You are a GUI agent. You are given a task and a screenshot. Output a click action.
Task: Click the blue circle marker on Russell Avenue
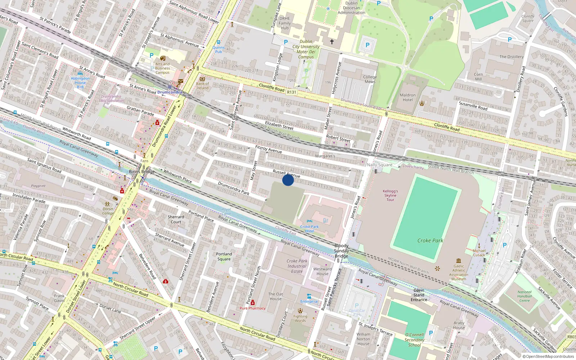pyautogui.click(x=288, y=180)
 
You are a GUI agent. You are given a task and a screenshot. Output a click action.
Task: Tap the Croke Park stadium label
pyautogui.click(x=430, y=240)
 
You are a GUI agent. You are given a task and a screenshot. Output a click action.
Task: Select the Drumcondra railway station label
pyautogui.click(x=170, y=92)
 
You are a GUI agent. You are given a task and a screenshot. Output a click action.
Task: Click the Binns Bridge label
pyautogui.click(x=142, y=172)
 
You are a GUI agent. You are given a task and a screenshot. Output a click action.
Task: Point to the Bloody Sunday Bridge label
pyautogui.click(x=341, y=251)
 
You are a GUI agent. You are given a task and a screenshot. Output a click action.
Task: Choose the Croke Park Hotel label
pyautogui.click(x=310, y=229)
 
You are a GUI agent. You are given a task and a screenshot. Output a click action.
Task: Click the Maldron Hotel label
pyautogui.click(x=408, y=98)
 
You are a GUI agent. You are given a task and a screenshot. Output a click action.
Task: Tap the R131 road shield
pyautogui.click(x=292, y=92)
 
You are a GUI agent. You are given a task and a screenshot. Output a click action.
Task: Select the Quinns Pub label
pyautogui.click(x=219, y=49)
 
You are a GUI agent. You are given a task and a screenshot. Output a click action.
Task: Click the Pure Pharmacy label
pyautogui.click(x=253, y=308)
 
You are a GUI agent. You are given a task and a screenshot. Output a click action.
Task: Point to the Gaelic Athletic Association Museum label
pyautogui.click(x=459, y=273)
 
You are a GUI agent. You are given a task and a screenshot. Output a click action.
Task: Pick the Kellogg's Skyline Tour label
pyautogui.click(x=390, y=195)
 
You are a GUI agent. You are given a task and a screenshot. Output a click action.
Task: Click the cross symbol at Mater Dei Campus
pyautogui.click(x=332, y=42)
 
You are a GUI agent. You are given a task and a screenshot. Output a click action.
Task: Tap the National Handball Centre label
pyautogui.click(x=525, y=296)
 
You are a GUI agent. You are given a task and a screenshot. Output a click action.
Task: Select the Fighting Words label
pyautogui.click(x=300, y=319)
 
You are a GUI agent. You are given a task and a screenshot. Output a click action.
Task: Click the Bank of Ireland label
pyautogui.click(x=202, y=86)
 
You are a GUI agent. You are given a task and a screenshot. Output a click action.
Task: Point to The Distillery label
pyautogui.click(x=511, y=57)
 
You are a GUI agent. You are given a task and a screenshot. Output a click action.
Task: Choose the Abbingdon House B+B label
pyautogui.click(x=80, y=82)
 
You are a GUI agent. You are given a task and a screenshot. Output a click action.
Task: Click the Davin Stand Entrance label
pyautogui.click(x=419, y=295)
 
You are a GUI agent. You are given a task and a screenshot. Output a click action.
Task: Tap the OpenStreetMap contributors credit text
pyautogui.click(x=548, y=356)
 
